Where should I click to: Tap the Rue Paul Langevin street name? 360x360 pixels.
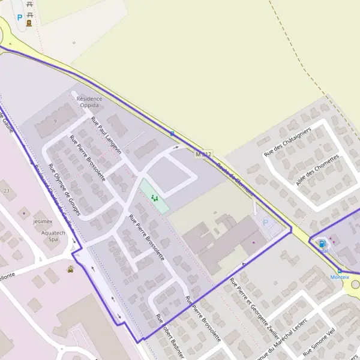click(x=106, y=136)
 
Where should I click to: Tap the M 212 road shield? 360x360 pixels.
click(x=203, y=155)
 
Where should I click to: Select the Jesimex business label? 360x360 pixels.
click(x=43, y=220)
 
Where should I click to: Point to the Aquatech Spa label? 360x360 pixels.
click(x=52, y=235)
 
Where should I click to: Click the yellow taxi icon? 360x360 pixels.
click(x=71, y=269)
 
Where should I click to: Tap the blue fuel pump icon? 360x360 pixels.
click(x=323, y=244)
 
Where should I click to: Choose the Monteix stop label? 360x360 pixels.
click(x=340, y=277)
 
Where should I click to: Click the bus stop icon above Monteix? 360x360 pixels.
click(x=340, y=271)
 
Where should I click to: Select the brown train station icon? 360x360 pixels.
click(x=29, y=23)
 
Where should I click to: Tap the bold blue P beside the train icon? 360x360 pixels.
click(x=19, y=17)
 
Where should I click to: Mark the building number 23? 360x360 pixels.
click(x=7, y=190)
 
